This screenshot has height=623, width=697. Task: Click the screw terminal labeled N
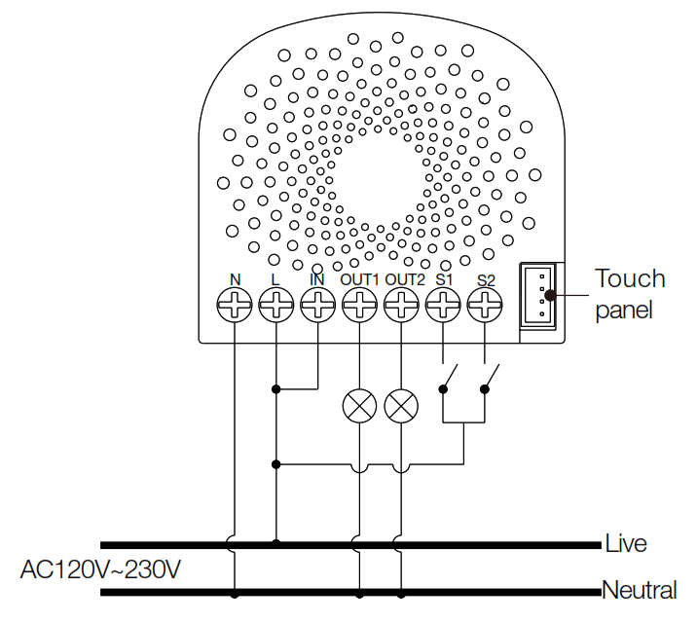[x=235, y=308]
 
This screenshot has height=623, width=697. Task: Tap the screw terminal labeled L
[x=276, y=308]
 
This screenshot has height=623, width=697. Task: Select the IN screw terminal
[x=317, y=308]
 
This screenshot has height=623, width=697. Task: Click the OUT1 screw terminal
[x=359, y=308]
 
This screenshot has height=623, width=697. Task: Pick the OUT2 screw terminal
[x=401, y=308]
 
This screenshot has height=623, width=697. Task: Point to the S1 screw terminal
[x=444, y=308]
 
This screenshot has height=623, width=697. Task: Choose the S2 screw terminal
[x=485, y=308]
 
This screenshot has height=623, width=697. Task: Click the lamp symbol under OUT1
[x=359, y=406]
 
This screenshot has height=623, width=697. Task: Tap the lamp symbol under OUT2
[x=401, y=406]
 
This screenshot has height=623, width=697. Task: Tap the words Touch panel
[x=630, y=294]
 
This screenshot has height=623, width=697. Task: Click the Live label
[x=625, y=543]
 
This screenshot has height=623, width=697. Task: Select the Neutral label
[x=639, y=590]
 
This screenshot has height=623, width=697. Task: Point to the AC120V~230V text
[x=100, y=568]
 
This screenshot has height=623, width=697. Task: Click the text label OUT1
[x=359, y=279]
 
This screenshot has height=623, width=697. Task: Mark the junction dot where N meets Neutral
[x=235, y=593]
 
